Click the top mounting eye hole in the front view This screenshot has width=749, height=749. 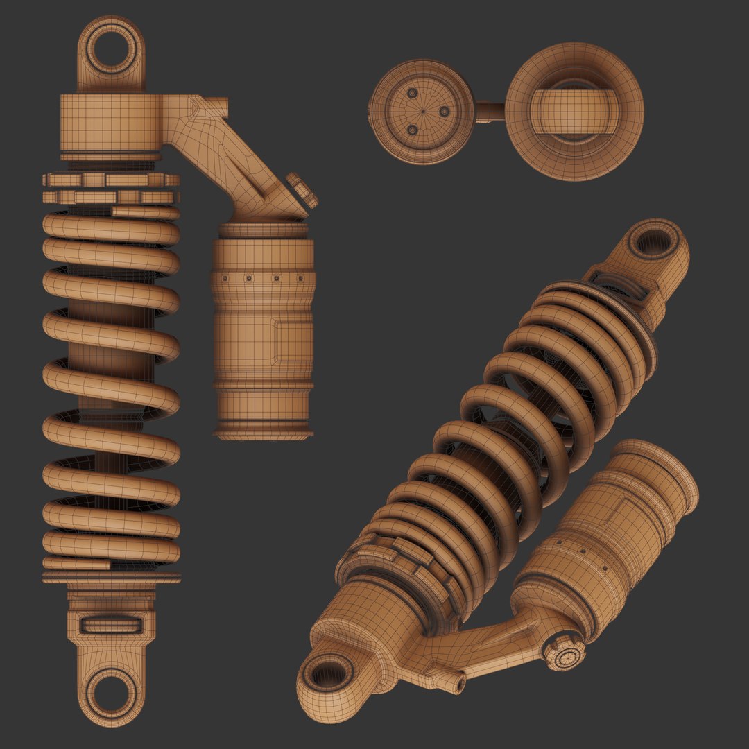click(111, 50)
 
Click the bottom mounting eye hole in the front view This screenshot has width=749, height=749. click(111, 692)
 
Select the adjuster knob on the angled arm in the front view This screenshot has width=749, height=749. click(302, 191)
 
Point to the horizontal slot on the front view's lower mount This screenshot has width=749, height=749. click(111, 624)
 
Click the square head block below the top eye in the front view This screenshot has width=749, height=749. click(111, 119)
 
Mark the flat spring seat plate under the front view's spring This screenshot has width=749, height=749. click(111, 578)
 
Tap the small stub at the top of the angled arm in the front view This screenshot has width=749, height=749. click(219, 105)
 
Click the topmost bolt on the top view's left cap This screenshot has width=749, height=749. click(413, 93)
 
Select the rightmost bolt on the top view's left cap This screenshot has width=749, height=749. click(445, 112)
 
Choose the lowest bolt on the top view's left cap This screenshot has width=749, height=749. click(413, 130)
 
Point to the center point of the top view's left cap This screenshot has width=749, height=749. click(422, 112)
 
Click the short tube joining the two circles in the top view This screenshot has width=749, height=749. click(490, 112)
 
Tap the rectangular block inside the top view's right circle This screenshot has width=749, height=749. click(574, 112)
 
